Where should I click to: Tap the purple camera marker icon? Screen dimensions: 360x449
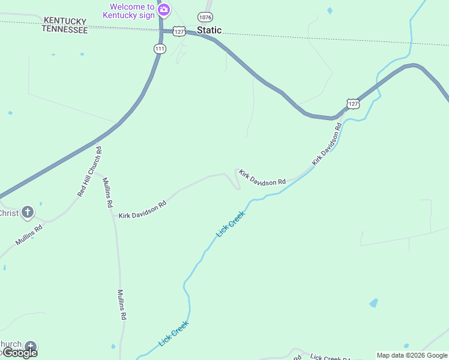(x=163, y=10)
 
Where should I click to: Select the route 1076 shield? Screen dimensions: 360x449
(x=205, y=17)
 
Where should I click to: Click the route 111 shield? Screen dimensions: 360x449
(x=159, y=49)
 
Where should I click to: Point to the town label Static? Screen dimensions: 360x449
(x=209, y=30)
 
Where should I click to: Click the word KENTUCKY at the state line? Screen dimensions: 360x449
(x=64, y=21)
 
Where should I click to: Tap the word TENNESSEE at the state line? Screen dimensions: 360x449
(x=64, y=29)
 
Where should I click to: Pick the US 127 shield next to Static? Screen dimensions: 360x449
(x=178, y=31)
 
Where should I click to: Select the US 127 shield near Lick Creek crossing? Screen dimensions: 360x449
(x=354, y=103)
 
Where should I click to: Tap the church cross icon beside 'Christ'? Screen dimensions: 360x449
(x=27, y=212)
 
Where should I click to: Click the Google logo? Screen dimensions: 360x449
(x=19, y=353)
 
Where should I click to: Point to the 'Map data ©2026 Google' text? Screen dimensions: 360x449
(x=412, y=355)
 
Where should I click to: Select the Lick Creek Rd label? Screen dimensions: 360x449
(x=330, y=356)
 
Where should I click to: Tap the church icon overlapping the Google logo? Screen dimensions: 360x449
(x=30, y=347)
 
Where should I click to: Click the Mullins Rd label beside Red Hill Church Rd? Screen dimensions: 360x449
(x=107, y=192)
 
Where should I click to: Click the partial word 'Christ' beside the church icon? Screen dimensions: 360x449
(x=9, y=213)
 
